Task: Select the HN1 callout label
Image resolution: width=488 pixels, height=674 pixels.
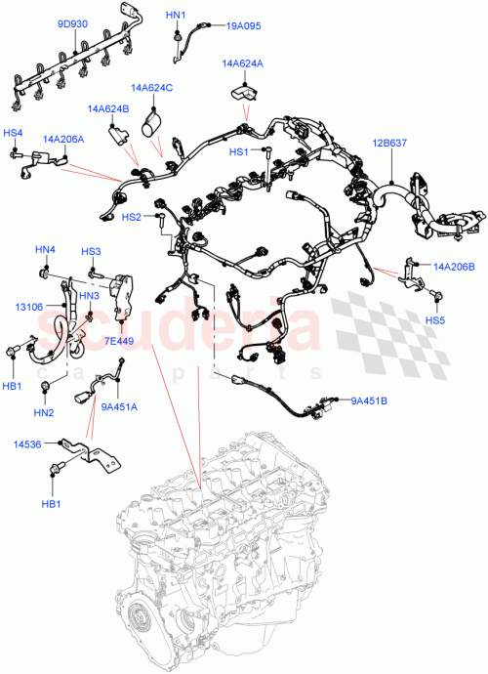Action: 176,17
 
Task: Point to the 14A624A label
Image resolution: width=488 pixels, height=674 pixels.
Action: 242,63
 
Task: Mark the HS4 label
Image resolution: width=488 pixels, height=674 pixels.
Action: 13,133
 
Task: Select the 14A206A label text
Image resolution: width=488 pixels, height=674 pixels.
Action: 62,140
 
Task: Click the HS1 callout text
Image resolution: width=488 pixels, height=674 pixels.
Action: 239,152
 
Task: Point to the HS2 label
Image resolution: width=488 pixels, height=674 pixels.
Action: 132,216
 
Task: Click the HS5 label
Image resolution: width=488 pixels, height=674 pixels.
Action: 434,319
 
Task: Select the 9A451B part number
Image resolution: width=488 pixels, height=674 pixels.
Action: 370,400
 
